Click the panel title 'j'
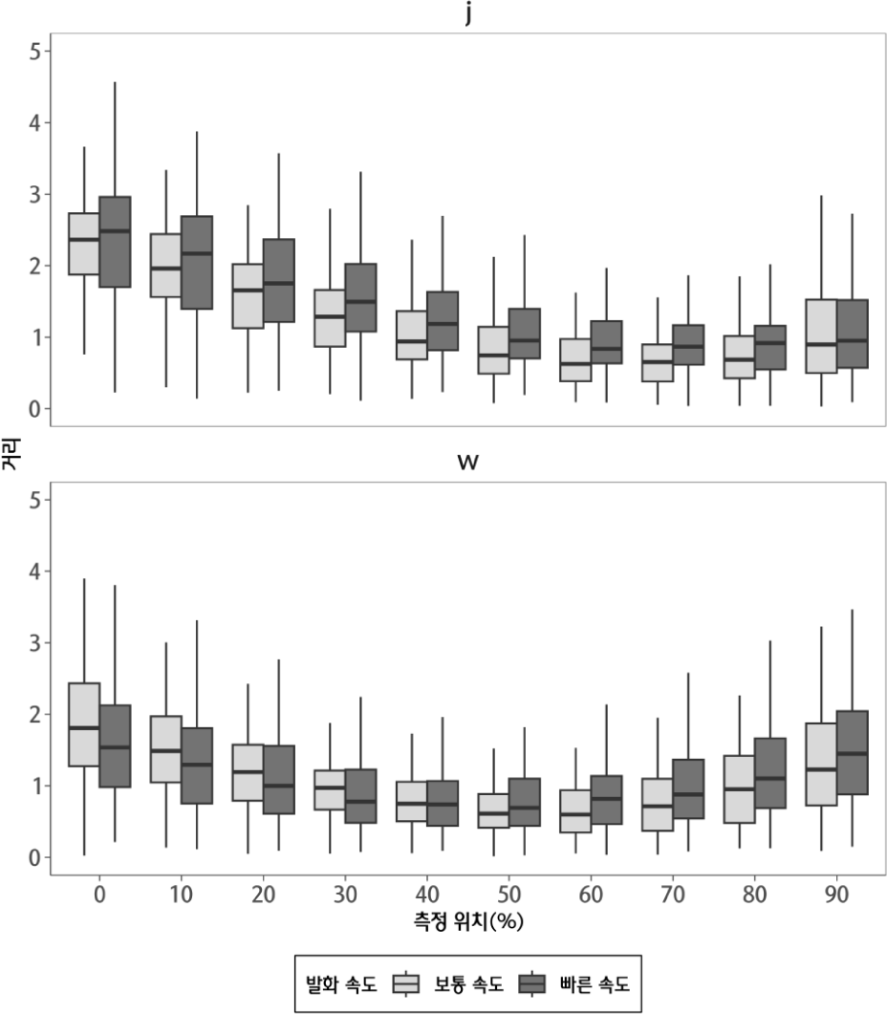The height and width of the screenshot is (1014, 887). click(467, 15)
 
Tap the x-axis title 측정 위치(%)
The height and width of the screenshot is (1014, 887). click(467, 922)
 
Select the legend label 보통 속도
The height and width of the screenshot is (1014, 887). click(467, 982)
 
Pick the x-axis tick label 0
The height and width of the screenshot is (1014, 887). click(99, 895)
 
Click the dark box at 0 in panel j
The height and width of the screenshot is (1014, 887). click(115, 242)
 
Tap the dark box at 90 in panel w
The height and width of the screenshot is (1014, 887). click(853, 752)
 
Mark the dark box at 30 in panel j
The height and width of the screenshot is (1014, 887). click(361, 297)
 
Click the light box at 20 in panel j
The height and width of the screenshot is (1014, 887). click(248, 295)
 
